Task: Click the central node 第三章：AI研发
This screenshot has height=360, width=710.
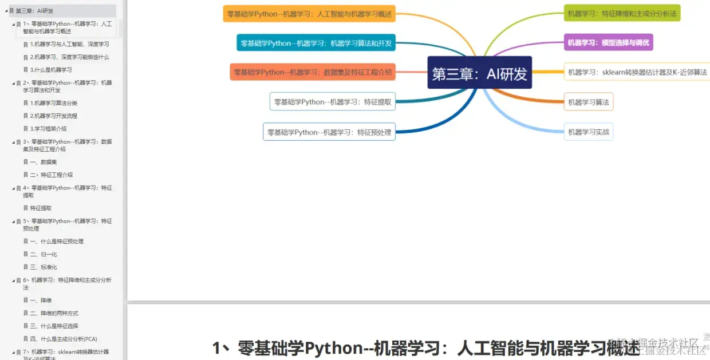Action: (x=479, y=73)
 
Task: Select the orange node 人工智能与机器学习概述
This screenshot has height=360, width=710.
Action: (x=309, y=14)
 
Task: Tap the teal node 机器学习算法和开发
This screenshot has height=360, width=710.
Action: (x=315, y=43)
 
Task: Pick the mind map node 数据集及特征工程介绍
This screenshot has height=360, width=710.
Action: (x=312, y=72)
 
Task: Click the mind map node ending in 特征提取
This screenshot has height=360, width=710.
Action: (x=332, y=102)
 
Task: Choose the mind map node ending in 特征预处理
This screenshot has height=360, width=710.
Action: (x=329, y=132)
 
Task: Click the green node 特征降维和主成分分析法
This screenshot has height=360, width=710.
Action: (x=622, y=13)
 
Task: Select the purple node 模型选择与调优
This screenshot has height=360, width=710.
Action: (x=608, y=42)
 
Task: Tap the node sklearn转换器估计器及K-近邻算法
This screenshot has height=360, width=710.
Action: (x=637, y=72)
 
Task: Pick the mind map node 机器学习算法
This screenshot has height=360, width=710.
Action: (x=588, y=102)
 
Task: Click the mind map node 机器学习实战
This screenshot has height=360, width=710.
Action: (x=588, y=132)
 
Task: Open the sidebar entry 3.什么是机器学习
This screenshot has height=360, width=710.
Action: (x=51, y=70)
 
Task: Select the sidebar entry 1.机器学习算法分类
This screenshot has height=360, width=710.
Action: (x=54, y=103)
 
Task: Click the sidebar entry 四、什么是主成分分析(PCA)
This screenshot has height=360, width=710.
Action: (x=64, y=339)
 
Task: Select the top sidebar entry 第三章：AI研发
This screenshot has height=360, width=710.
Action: (x=34, y=11)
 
